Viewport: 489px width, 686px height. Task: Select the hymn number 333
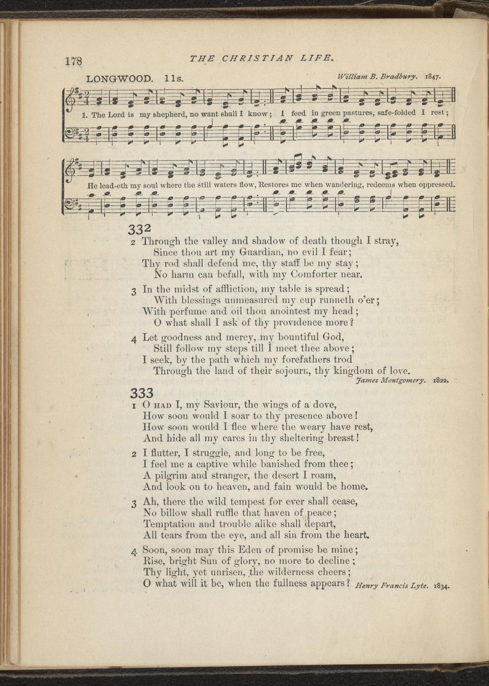click(142, 393)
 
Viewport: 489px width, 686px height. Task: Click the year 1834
click(442, 586)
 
